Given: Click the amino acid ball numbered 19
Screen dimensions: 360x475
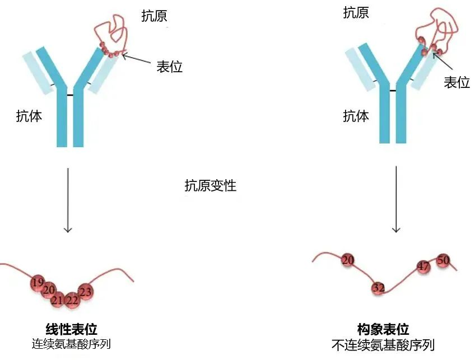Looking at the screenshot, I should coord(38,283).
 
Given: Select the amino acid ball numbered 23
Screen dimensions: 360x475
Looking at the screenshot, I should coord(86,292).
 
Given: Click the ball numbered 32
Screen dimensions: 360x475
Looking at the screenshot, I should coord(379,288).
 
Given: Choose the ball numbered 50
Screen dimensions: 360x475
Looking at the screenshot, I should coord(443,260).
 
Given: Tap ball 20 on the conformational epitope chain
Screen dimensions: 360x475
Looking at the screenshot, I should coord(348,260).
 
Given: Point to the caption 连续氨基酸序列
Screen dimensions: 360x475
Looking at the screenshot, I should coord(71,344).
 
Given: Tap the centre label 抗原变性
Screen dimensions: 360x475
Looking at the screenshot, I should coord(211,185).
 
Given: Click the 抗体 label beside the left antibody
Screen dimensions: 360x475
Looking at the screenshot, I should coord(29,116).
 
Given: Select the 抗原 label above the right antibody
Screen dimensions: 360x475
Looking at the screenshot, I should coord(356,12).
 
